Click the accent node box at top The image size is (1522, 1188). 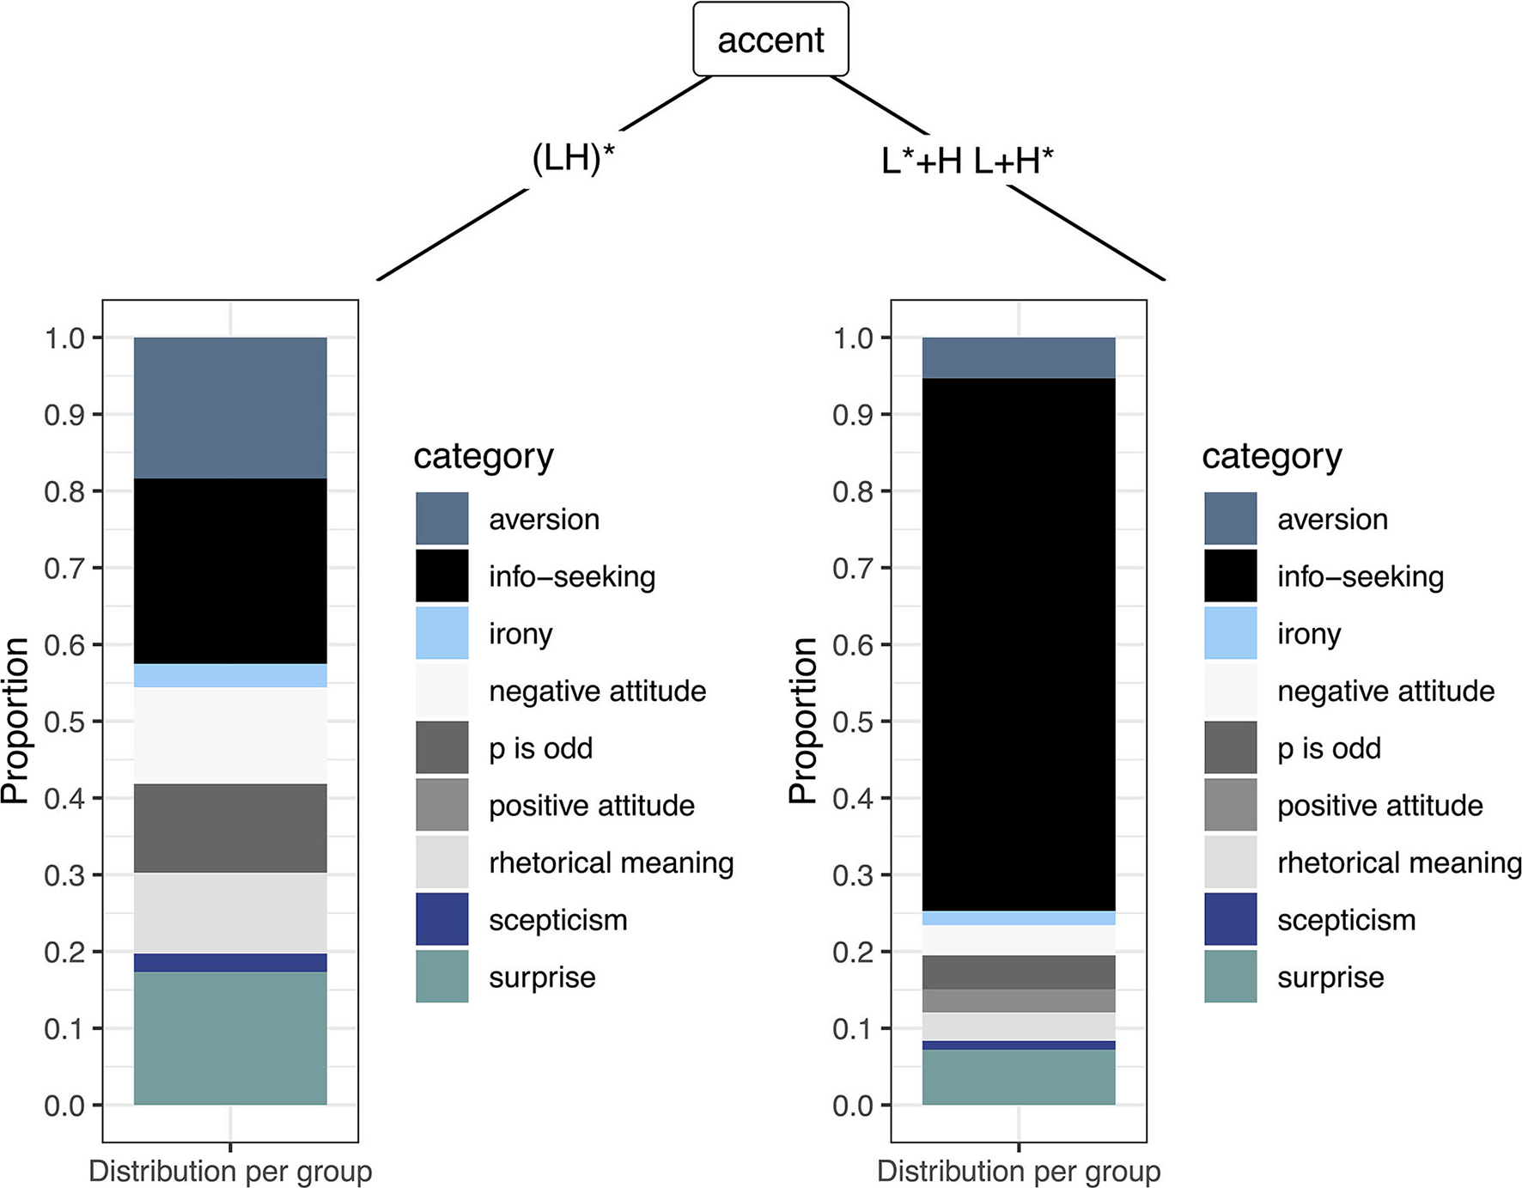(770, 40)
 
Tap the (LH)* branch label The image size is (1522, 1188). (573, 159)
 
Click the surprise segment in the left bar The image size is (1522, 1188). (230, 1038)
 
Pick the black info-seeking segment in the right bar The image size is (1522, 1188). (1019, 644)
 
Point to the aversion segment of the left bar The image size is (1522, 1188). (230, 407)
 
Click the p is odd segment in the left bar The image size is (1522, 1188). (230, 827)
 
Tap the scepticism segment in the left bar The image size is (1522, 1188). (230, 962)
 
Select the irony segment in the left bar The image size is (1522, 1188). (230, 675)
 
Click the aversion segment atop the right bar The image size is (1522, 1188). (1019, 357)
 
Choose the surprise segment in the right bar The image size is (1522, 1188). (1019, 1076)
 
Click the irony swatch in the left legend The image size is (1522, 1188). (442, 633)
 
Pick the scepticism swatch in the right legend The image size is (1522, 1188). (1230, 919)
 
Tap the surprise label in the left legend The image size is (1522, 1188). (542, 978)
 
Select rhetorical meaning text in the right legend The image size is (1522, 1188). (1398, 862)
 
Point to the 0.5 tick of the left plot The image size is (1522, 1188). (65, 722)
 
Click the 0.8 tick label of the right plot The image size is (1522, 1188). (853, 491)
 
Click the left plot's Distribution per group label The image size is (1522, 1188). (230, 1171)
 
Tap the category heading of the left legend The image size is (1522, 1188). (484, 456)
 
